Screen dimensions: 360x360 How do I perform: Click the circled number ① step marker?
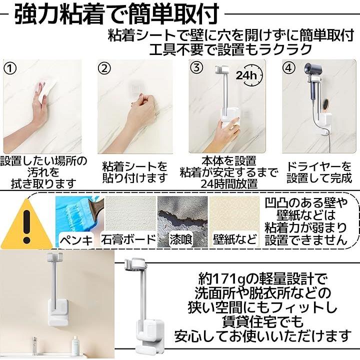click(11, 68)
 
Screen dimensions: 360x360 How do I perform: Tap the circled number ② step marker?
click(104, 68)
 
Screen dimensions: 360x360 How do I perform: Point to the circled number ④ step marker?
click(289, 68)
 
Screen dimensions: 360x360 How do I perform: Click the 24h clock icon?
click(250, 75)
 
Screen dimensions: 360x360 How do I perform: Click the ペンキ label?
click(76, 240)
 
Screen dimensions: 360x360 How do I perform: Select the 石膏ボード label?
click(128, 239)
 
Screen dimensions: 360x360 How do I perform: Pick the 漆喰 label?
click(181, 239)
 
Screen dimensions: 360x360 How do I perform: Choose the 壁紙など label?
click(234, 239)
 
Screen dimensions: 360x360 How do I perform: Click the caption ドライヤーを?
click(319, 166)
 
